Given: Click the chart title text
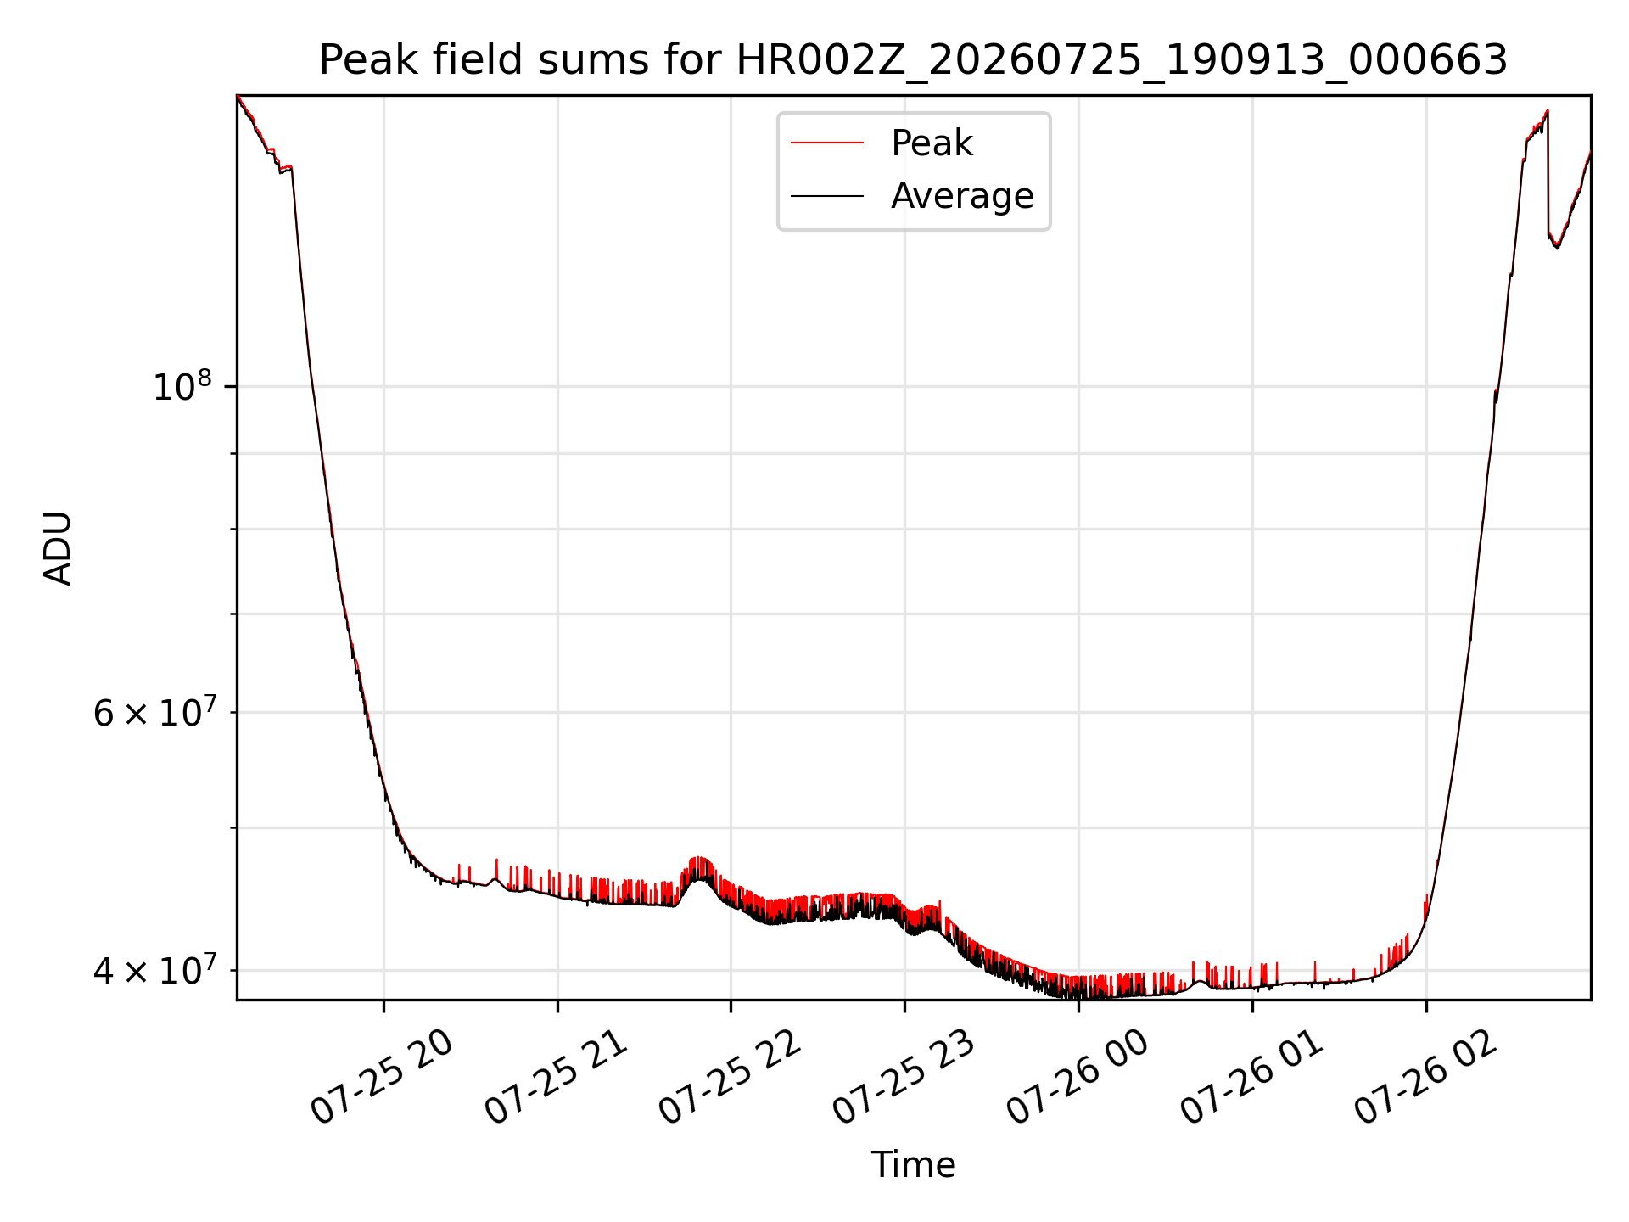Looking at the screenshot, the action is (x=913, y=60).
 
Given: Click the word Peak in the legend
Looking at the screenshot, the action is (x=932, y=143).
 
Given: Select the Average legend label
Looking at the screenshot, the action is (x=962, y=196).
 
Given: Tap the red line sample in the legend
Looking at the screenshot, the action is (x=827, y=143).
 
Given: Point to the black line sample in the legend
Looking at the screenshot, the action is (x=827, y=196).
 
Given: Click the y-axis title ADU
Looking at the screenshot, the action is (x=58, y=548).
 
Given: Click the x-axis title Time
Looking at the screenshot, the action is (x=913, y=1165).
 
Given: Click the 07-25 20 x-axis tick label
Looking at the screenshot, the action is (x=381, y=1077).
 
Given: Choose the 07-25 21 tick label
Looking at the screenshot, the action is (x=555, y=1077).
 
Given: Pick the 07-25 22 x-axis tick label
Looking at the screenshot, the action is (x=729, y=1077).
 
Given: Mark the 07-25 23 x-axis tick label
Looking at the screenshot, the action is (x=903, y=1077).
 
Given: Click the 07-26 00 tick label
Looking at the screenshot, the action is (x=1077, y=1077).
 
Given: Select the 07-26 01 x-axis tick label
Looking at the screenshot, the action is (x=1251, y=1077).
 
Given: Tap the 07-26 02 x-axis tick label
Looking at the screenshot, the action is (x=1425, y=1077).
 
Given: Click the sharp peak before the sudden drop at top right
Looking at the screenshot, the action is (x=1548, y=110).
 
